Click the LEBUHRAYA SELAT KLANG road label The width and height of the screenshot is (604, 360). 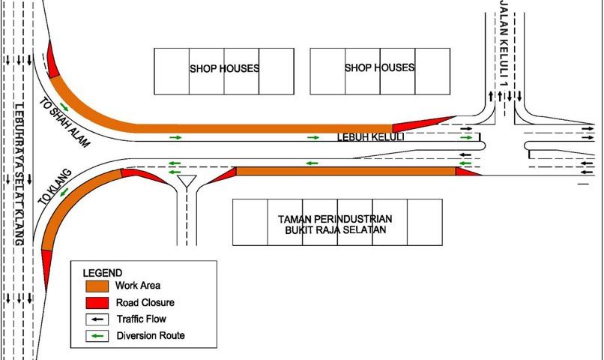[x=19, y=174]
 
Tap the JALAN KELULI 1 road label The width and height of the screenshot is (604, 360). [x=504, y=43]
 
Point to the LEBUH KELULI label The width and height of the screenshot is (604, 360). [x=370, y=137]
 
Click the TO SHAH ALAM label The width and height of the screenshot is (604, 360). [x=64, y=122]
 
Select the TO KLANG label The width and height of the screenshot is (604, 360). [x=55, y=187]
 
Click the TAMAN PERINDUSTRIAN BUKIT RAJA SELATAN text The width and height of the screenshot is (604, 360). [x=335, y=224]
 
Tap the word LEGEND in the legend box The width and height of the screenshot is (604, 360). [x=103, y=273]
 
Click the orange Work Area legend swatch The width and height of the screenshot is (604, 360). [x=97, y=286]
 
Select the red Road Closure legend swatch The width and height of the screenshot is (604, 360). [x=97, y=302]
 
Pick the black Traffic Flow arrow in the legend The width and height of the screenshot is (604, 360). [x=97, y=319]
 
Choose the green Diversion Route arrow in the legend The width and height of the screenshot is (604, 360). [x=97, y=336]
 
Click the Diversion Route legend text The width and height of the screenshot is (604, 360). [x=151, y=336]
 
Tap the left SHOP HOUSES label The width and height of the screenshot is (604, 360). [x=224, y=68]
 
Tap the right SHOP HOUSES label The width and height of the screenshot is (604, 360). [x=379, y=67]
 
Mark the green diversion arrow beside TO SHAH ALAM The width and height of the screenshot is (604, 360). [x=64, y=107]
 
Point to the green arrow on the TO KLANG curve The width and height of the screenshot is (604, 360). [x=64, y=191]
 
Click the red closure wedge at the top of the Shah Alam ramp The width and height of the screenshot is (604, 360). [x=52, y=61]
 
